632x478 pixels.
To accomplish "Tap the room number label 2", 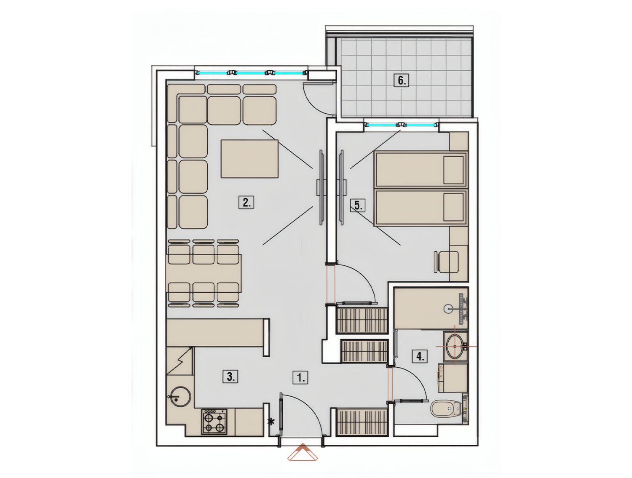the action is [246, 202].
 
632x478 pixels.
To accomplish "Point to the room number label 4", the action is [420, 357].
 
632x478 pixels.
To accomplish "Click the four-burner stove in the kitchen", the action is [214, 422].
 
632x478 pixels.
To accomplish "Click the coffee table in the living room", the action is [249, 159].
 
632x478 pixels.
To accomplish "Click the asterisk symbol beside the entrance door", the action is [271, 422].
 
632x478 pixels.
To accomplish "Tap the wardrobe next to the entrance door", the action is [362, 424].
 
